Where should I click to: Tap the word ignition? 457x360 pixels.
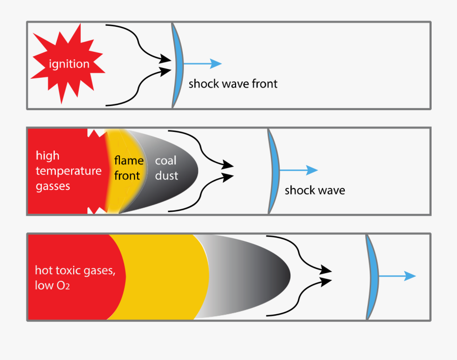69,64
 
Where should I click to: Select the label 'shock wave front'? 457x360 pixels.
233,84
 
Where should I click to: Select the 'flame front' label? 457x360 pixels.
126,169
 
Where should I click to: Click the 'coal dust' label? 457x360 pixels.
166,169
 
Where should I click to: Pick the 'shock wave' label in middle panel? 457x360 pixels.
314,191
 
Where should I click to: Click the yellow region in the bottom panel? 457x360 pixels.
162,277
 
